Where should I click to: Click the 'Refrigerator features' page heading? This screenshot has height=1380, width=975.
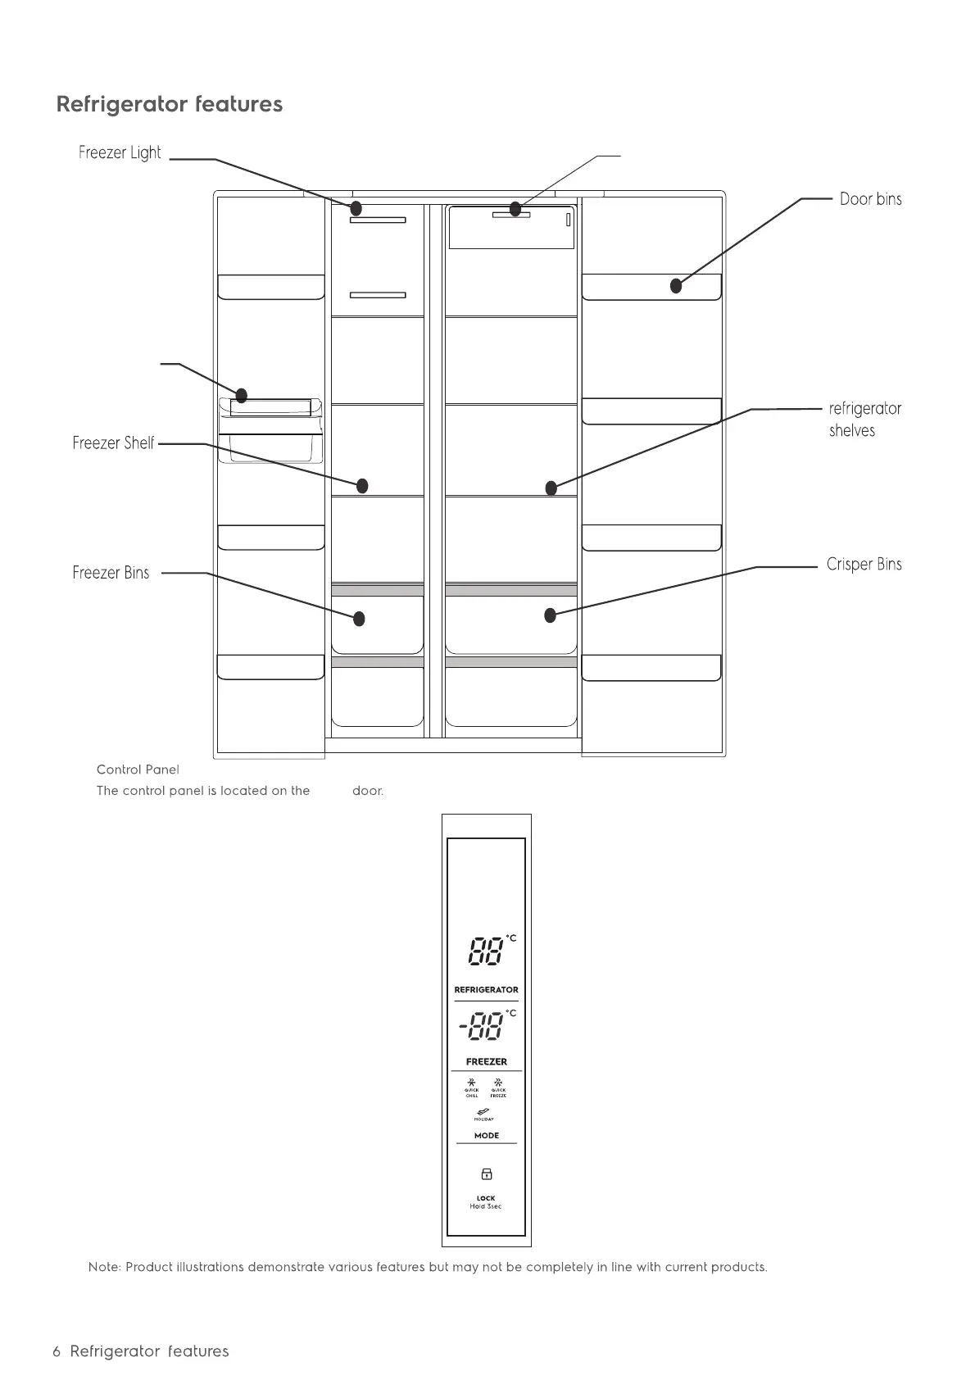coord(170,105)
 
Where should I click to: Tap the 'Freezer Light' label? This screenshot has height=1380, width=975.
coord(120,152)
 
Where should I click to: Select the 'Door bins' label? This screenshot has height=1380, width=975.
coord(870,199)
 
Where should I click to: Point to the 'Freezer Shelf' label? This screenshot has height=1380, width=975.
coord(113,443)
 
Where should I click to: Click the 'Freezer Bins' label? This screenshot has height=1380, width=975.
coord(111,573)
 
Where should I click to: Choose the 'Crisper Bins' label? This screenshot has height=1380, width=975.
coord(864,565)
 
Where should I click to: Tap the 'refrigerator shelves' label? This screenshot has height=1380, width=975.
coord(864,420)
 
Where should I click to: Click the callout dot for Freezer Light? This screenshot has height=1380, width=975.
coord(356,207)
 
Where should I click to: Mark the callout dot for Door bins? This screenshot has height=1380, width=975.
coord(676,286)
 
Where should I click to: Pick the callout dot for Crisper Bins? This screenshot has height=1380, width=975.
coord(551,615)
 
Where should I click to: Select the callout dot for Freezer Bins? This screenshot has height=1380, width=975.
coord(359,619)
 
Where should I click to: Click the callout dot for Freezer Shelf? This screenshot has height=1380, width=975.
coord(362,486)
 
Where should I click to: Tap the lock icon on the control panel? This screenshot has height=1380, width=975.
coord(486,1174)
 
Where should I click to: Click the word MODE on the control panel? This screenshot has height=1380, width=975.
coord(487,1136)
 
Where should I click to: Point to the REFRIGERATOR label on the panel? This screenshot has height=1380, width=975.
coord(487,990)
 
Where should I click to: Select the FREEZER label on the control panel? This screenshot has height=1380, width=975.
coord(487,1062)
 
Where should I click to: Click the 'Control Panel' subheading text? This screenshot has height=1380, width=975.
coord(138,769)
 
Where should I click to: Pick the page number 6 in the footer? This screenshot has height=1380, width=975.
coord(57,1351)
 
